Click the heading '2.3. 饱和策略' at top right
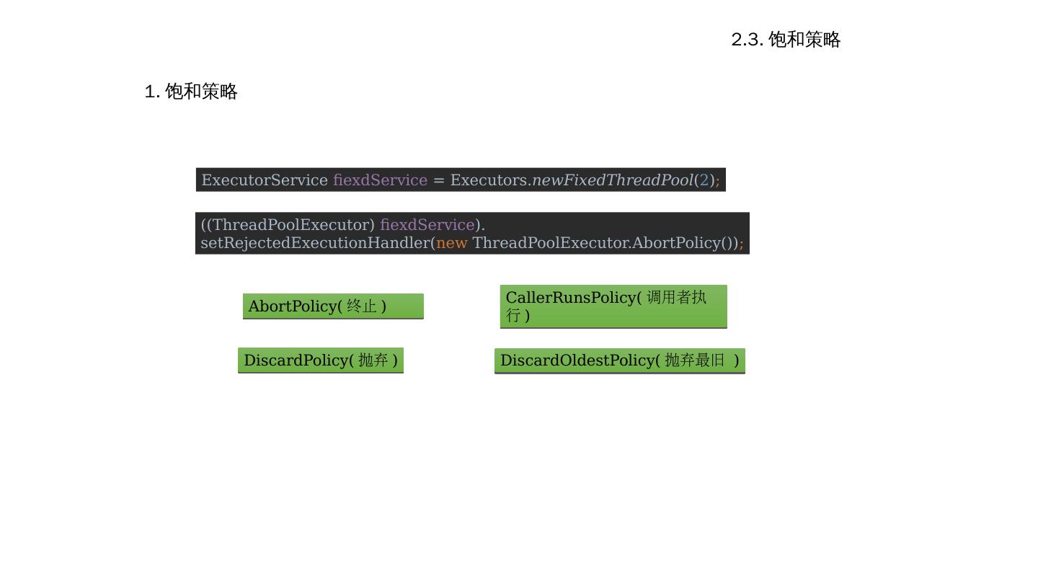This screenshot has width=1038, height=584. point(786,40)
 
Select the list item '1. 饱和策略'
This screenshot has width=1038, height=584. point(191,92)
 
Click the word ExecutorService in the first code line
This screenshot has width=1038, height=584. point(265,180)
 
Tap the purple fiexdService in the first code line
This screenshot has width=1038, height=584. point(380,180)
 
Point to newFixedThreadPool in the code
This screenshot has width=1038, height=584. point(612,180)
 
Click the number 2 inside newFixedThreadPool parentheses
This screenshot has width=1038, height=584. point(704,180)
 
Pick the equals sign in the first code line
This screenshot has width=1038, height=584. point(438,180)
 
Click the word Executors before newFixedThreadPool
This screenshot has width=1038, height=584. point(489,180)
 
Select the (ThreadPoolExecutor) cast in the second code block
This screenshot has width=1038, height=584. point(290,225)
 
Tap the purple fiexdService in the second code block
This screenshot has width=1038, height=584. point(427,225)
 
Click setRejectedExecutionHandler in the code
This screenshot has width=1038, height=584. point(315,243)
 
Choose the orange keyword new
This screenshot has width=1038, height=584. point(452,243)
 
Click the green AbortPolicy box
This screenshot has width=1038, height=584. point(333,306)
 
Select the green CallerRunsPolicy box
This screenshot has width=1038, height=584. point(613,306)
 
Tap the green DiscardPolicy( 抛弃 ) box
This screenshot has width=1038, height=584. point(321,360)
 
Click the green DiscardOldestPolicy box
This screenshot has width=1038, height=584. point(620,360)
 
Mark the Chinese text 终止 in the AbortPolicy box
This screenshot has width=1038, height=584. point(362,306)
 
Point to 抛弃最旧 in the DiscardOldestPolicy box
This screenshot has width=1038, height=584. point(695,360)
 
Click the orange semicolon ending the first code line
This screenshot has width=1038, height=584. point(717,180)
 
